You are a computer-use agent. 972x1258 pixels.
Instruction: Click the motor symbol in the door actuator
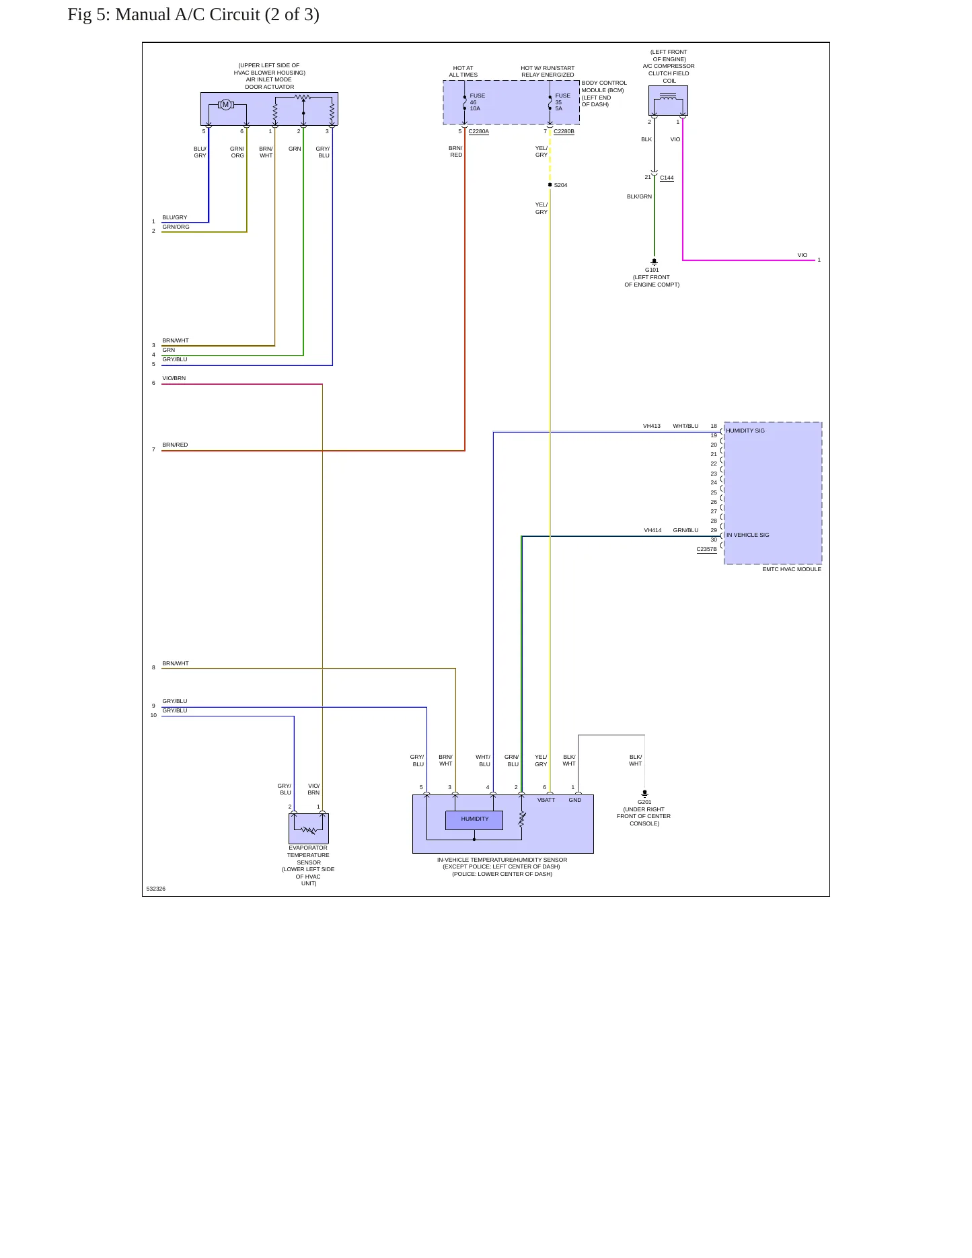(226, 104)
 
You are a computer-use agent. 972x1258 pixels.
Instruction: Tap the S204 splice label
(560, 185)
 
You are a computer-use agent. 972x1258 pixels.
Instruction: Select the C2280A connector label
(478, 131)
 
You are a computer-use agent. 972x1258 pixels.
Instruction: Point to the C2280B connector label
(564, 131)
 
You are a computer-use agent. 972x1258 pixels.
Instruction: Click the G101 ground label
(652, 270)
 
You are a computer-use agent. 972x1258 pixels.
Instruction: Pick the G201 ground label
(644, 802)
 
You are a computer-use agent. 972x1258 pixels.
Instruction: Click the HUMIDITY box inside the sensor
(474, 819)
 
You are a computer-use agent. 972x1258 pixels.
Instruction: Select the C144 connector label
(667, 178)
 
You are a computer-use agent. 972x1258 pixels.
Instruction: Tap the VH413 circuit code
(652, 426)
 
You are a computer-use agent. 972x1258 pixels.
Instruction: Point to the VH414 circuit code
(652, 530)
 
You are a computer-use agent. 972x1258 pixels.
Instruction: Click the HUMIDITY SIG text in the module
(745, 431)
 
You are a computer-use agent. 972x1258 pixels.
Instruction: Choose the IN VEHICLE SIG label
(747, 535)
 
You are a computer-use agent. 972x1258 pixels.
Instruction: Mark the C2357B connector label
(706, 549)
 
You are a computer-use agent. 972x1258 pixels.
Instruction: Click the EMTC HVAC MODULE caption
(792, 569)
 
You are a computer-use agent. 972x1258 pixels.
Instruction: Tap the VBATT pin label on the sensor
(546, 800)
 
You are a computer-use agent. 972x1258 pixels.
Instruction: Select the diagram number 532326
(155, 889)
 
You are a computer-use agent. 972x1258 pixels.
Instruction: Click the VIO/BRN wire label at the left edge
(174, 378)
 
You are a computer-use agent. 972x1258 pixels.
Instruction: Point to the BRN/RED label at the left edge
(175, 445)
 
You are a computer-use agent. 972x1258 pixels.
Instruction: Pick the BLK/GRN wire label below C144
(639, 196)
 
